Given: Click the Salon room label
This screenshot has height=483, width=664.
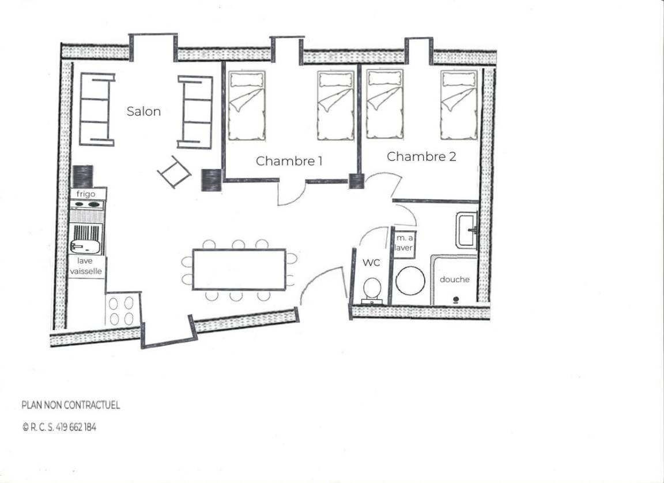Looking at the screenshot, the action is [144, 111].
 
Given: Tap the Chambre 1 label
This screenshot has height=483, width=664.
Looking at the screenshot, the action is [289, 161].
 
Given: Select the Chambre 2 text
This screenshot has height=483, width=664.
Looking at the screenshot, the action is [421, 156].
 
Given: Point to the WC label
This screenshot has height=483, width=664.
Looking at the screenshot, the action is [371, 263].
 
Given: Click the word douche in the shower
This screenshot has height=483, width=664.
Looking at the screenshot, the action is [454, 279].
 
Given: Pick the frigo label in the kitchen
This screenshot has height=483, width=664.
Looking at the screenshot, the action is [86, 194].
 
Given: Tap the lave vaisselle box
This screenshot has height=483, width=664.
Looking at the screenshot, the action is [86, 266].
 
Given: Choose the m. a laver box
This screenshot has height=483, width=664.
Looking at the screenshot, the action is [403, 243].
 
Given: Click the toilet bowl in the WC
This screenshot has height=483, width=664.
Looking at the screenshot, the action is [372, 289].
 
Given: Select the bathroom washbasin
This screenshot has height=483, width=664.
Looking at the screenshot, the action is [466, 230].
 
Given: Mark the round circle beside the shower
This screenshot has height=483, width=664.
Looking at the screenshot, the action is [410, 281].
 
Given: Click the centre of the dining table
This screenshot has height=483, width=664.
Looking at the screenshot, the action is [239, 269].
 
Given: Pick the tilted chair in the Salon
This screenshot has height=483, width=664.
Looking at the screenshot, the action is [174, 172].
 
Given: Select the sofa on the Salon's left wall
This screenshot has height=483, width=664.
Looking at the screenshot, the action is [97, 110].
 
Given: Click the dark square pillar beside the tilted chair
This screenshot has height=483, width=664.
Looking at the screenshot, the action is [212, 180].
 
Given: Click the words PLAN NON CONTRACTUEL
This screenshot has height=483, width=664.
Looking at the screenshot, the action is [71, 406].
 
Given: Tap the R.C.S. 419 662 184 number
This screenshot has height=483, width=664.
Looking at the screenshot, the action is [59, 428].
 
